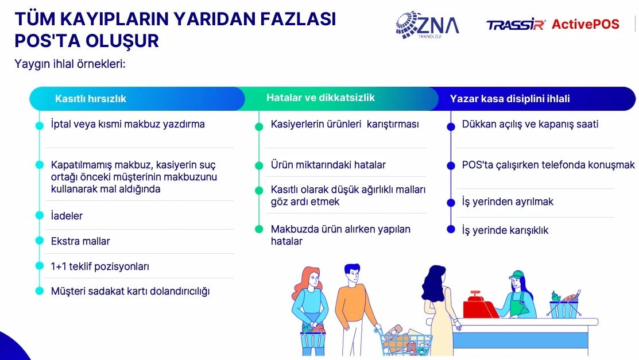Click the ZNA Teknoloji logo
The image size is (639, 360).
click(x=428, y=25)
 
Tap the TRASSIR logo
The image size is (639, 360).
click(x=516, y=25)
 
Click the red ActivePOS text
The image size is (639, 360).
click(x=586, y=25)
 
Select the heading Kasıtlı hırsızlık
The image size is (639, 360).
click(x=91, y=99)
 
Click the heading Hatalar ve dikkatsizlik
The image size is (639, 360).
click(x=320, y=98)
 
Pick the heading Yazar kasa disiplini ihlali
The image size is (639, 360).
click(x=509, y=99)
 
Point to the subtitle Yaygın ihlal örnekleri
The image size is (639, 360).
click(x=69, y=64)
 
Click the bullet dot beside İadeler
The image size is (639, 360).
click(x=40, y=215)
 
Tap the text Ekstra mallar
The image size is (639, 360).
click(x=80, y=241)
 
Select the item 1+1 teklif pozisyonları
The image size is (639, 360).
click(x=100, y=266)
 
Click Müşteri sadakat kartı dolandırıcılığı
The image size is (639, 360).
click(x=130, y=291)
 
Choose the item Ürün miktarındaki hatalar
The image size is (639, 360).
click(x=328, y=165)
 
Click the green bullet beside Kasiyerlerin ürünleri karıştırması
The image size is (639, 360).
click(x=259, y=127)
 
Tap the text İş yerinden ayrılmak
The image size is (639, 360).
click(x=508, y=202)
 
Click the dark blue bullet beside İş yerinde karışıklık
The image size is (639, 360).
click(x=451, y=229)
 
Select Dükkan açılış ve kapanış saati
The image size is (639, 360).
click(x=530, y=124)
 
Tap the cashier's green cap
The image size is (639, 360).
click(x=516, y=274)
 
